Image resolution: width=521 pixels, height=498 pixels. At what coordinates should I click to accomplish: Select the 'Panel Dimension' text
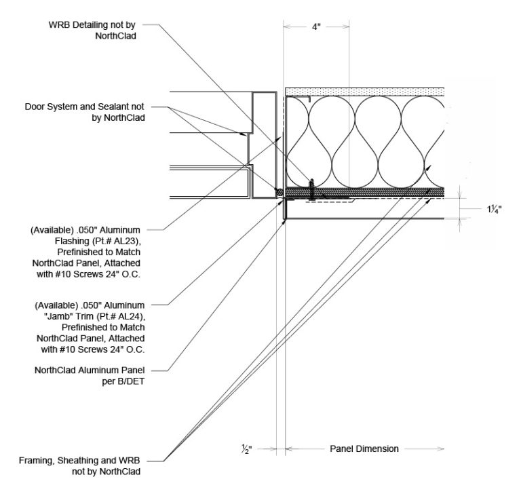[364, 448]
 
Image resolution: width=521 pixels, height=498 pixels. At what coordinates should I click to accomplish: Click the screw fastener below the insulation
[312, 189]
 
